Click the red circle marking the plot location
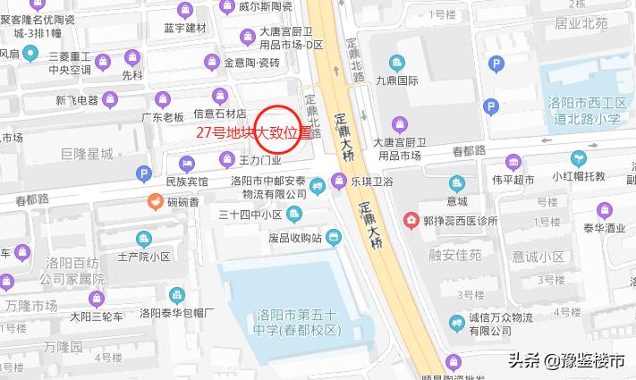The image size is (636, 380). click(276, 130)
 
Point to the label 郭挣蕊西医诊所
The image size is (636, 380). click(460, 219)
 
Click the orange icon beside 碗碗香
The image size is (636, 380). click(154, 202)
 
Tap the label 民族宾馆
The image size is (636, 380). click(186, 182)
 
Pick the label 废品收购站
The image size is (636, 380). click(293, 238)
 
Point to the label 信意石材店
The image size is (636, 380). click(219, 114)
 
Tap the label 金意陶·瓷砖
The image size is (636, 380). click(251, 63)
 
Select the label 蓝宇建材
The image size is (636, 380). click(184, 28)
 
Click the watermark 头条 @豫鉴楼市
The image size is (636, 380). click(566, 362)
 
